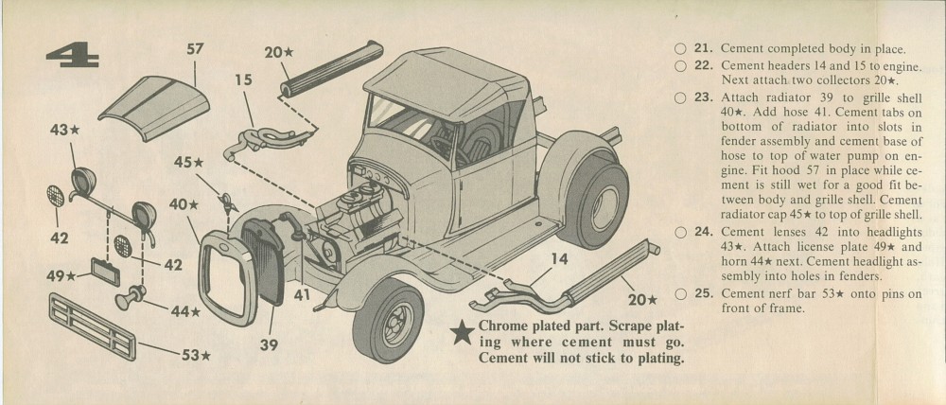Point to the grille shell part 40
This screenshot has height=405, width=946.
[x=226, y=274]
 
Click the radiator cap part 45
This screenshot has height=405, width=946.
[x=225, y=202]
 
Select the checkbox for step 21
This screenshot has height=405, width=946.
[x=679, y=49]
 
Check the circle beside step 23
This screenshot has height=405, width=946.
[x=679, y=97]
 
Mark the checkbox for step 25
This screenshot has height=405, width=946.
[x=679, y=293]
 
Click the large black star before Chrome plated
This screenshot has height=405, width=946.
[x=463, y=332]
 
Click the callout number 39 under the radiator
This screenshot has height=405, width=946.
[x=269, y=345]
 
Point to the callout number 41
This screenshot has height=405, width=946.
[x=302, y=295]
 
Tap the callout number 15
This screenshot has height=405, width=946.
[x=243, y=81]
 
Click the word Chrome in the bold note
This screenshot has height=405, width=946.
[x=507, y=325]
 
